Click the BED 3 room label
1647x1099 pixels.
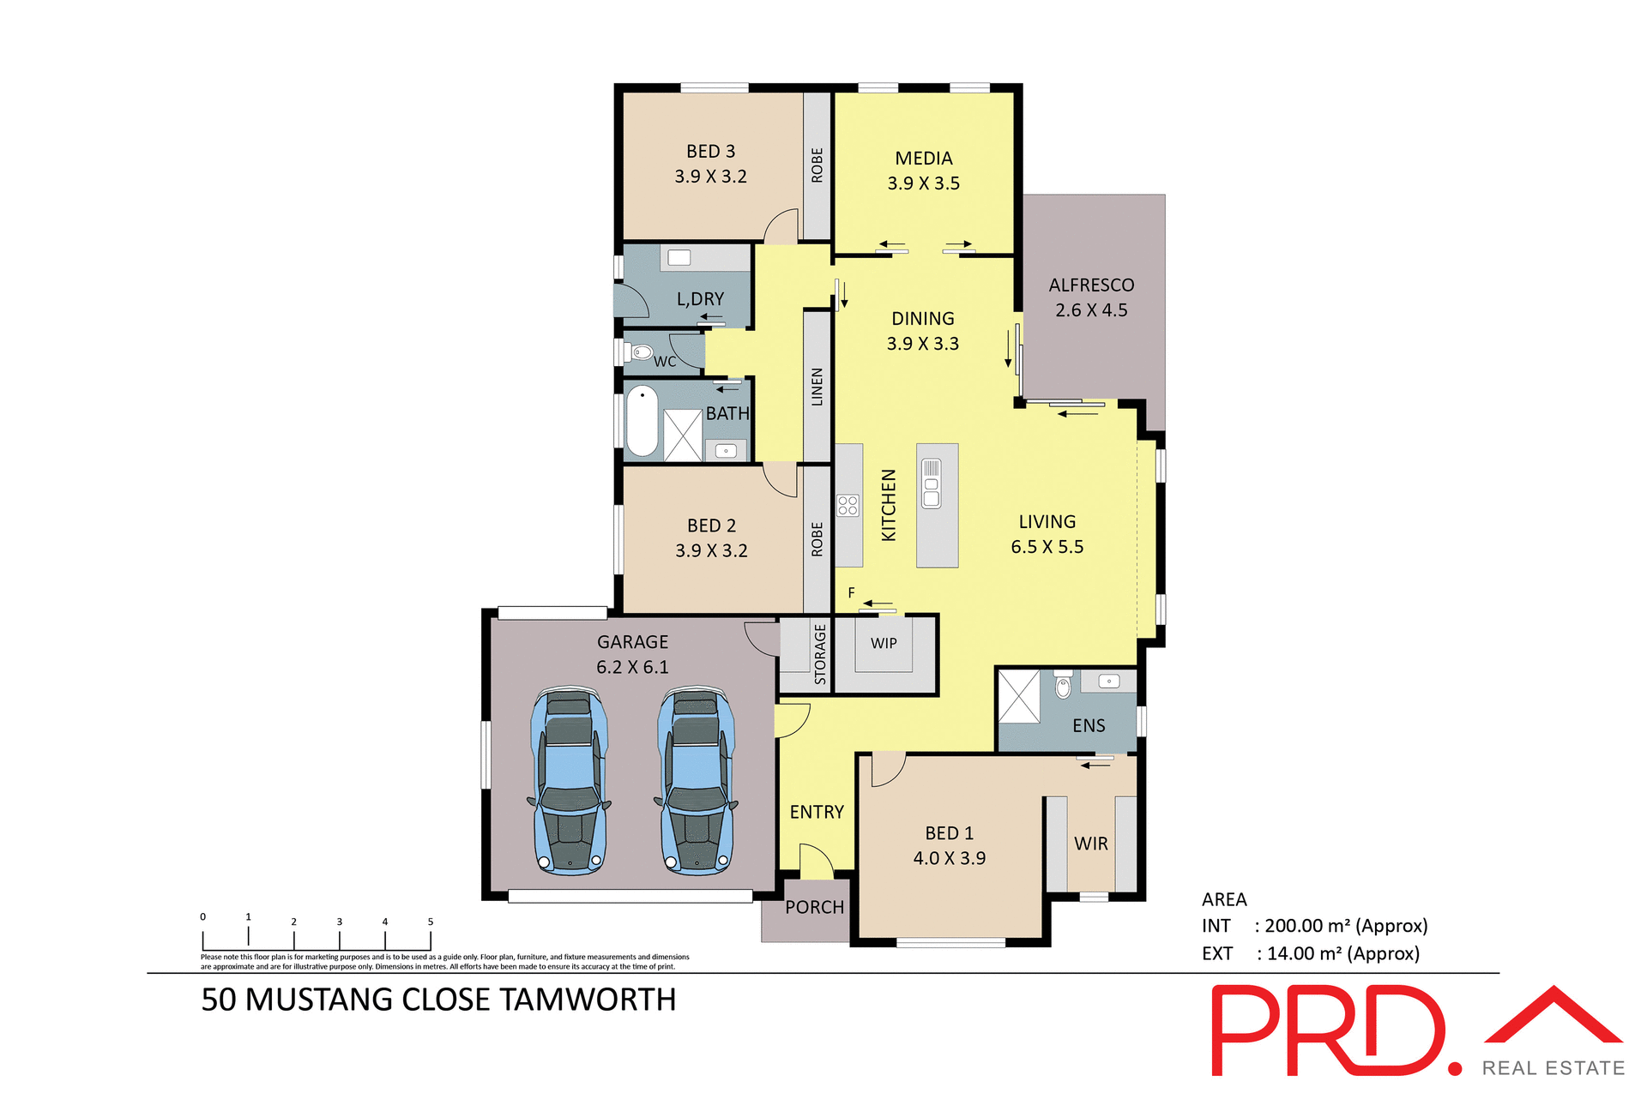pos(710,152)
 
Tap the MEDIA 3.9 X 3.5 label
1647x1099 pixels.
pos(923,171)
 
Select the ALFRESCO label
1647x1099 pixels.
pos(1090,285)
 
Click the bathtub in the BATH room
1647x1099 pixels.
pos(642,421)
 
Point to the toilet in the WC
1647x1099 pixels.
pos(640,352)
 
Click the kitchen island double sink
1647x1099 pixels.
pos(931,483)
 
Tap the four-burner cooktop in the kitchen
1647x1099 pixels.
pos(848,505)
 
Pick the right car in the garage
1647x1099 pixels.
pos(696,780)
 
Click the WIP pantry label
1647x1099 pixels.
pos(884,643)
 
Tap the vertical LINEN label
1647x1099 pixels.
pos(817,387)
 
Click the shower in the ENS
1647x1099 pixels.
pos(1018,697)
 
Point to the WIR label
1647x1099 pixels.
pos(1090,844)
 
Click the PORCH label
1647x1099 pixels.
pos(814,907)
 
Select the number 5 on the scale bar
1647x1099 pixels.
pos(431,922)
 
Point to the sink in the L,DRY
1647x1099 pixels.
pos(679,257)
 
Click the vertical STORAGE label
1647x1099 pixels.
pos(820,654)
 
